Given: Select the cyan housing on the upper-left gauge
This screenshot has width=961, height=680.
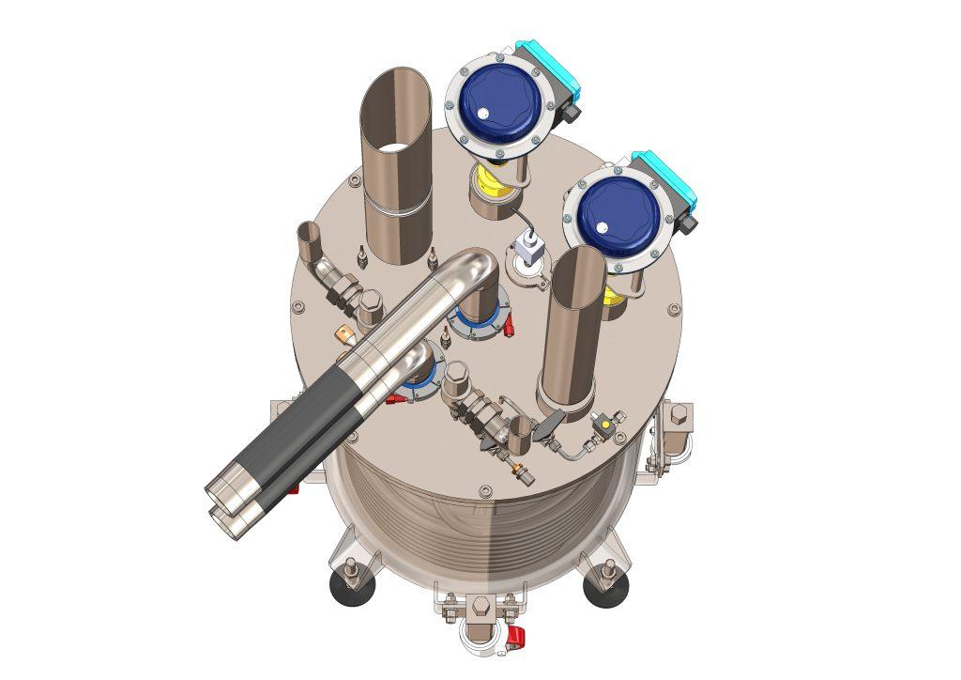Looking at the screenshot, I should (549, 66).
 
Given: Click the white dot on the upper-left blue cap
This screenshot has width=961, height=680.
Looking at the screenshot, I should (482, 114).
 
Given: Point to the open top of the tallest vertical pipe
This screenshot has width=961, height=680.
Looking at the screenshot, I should (397, 111).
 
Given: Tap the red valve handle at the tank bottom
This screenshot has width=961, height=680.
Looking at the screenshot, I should (514, 639).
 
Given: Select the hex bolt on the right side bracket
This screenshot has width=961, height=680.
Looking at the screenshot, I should (679, 414).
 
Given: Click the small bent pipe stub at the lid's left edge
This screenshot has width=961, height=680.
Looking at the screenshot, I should (306, 240).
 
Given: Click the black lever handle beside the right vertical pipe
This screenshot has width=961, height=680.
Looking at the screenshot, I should (547, 425).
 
